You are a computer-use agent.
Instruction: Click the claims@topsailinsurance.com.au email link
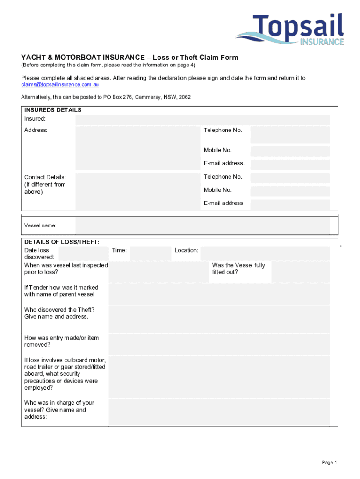click(x=60, y=85)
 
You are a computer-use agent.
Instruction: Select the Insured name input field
click(x=202, y=120)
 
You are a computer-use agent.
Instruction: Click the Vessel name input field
click(x=202, y=225)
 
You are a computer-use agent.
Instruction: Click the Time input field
click(x=151, y=254)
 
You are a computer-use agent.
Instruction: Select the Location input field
click(x=265, y=254)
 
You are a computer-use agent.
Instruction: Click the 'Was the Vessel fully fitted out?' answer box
click(x=300, y=272)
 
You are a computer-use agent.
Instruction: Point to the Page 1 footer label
click(x=329, y=463)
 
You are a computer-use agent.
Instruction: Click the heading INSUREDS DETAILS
click(x=53, y=110)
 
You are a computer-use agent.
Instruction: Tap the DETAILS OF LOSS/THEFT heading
click(x=62, y=242)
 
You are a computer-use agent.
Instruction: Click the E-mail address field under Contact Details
click(x=290, y=204)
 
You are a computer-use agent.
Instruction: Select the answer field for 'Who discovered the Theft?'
click(x=219, y=319)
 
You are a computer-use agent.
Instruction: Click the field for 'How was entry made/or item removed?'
click(x=219, y=344)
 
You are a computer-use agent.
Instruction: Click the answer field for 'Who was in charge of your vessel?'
click(x=219, y=412)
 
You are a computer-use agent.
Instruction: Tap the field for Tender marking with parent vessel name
click(x=219, y=294)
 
